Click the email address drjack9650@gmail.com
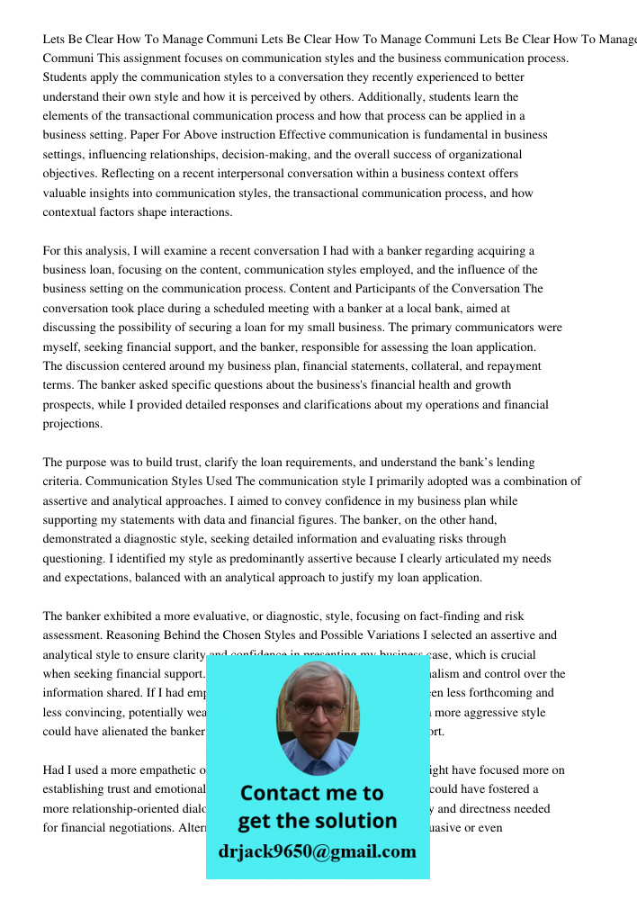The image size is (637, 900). (317, 851)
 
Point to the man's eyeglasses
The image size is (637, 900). (318, 707)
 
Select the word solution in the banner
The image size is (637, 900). (352, 821)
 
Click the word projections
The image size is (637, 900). (73, 424)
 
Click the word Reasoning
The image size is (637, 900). (148, 635)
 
